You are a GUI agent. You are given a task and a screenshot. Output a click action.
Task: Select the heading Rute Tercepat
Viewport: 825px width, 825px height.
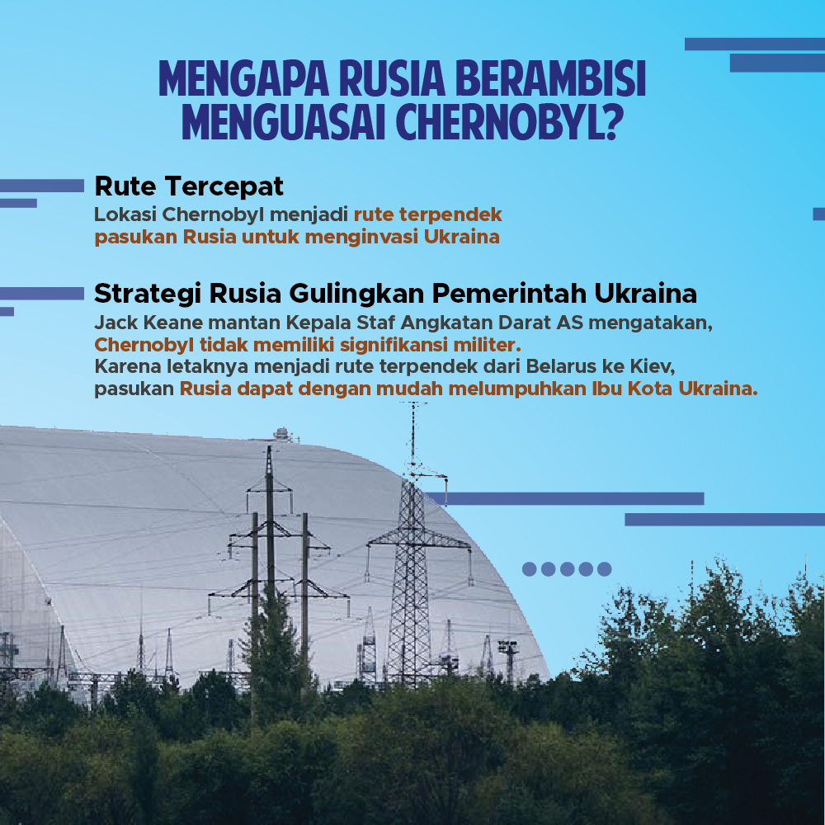(x=189, y=186)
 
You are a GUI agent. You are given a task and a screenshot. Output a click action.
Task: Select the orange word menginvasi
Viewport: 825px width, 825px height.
(x=361, y=238)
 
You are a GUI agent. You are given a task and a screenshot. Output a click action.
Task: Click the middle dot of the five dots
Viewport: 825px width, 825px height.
(x=568, y=568)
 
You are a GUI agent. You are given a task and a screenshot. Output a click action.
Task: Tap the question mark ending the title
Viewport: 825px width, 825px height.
(x=614, y=123)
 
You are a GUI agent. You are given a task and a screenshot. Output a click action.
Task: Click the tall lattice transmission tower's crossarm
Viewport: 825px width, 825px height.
(x=418, y=540)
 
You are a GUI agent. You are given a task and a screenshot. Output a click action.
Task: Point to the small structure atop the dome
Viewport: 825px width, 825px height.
(x=282, y=434)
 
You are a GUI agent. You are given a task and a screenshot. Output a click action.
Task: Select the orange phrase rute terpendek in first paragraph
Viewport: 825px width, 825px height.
(x=427, y=215)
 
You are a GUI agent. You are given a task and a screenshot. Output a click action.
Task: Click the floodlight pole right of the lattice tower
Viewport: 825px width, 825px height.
(x=509, y=661)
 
